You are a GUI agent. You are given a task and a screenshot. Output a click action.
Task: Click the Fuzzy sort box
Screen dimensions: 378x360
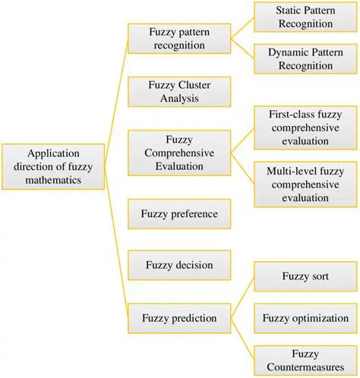point(302,276)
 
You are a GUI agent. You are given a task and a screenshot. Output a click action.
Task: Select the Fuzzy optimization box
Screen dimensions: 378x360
point(302,317)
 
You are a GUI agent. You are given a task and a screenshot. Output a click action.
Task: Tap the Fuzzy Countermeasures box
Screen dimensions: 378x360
point(302,359)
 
